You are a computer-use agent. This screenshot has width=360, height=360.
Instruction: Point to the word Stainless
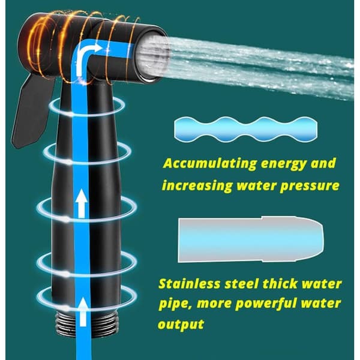click(x=190, y=284)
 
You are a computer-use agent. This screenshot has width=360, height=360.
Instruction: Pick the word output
click(x=181, y=325)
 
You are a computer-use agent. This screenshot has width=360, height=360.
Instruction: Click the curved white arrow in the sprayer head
click(x=86, y=59)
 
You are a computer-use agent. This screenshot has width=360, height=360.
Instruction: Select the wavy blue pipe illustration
click(x=245, y=129)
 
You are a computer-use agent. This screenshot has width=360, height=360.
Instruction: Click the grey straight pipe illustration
click(x=251, y=239)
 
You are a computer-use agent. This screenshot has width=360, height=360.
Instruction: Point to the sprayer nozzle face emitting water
click(x=152, y=58)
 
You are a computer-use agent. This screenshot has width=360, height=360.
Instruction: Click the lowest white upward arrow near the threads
click(x=83, y=312)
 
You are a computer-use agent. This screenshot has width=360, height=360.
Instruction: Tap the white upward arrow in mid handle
click(x=82, y=203)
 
